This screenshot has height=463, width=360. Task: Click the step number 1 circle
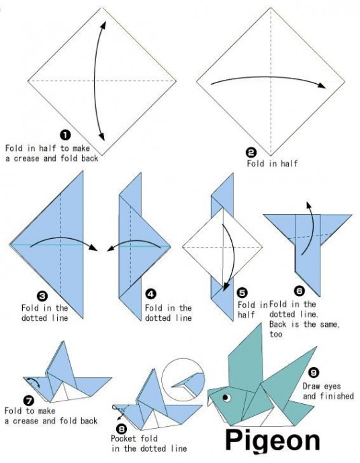[x=65, y=135]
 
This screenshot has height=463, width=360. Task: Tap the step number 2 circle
[x=251, y=153]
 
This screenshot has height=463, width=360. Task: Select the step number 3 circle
[x=42, y=296]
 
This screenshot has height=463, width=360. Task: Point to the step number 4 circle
[x=151, y=294]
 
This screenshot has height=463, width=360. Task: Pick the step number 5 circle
[x=242, y=293]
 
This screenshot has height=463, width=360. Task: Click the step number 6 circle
[x=299, y=291]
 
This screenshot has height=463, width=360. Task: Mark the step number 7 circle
[x=29, y=401]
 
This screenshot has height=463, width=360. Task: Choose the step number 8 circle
[x=121, y=429]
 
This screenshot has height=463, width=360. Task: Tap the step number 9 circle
[x=314, y=372]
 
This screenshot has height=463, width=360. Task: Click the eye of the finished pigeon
[x=227, y=397]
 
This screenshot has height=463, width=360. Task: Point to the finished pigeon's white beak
[x=210, y=399]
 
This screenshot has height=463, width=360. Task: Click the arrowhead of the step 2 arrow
[x=321, y=85]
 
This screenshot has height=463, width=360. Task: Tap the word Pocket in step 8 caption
[x=124, y=438]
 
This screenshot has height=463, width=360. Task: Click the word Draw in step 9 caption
[x=311, y=387]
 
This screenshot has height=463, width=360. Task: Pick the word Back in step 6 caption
[x=278, y=325]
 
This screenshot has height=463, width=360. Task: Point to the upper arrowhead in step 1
[x=103, y=25]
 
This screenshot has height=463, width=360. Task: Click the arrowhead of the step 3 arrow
[x=94, y=248]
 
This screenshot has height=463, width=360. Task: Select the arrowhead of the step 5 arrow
[x=226, y=287]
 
